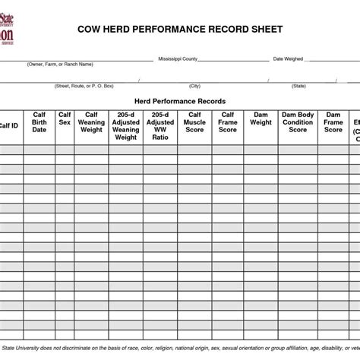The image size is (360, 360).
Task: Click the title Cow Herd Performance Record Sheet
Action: tap(180, 29)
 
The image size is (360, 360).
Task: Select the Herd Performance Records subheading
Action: tap(180, 101)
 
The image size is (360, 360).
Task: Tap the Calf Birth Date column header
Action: tap(39, 122)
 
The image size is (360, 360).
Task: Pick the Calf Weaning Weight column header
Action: tap(91, 122)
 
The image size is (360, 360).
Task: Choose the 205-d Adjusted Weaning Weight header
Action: tap(125, 126)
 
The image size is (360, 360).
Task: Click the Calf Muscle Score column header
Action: tap(194, 122)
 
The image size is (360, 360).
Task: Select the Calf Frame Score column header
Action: tap(228, 122)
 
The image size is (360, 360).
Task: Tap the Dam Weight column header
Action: tap(261, 118)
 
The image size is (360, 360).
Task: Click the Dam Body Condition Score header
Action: tap(297, 122)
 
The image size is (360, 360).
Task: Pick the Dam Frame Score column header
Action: tap(333, 122)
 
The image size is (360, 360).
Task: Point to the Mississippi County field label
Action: tap(178, 58)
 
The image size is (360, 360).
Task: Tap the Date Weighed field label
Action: tap(288, 58)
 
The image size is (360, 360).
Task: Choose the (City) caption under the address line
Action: tap(195, 86)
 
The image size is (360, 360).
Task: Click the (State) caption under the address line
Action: tap(298, 86)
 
